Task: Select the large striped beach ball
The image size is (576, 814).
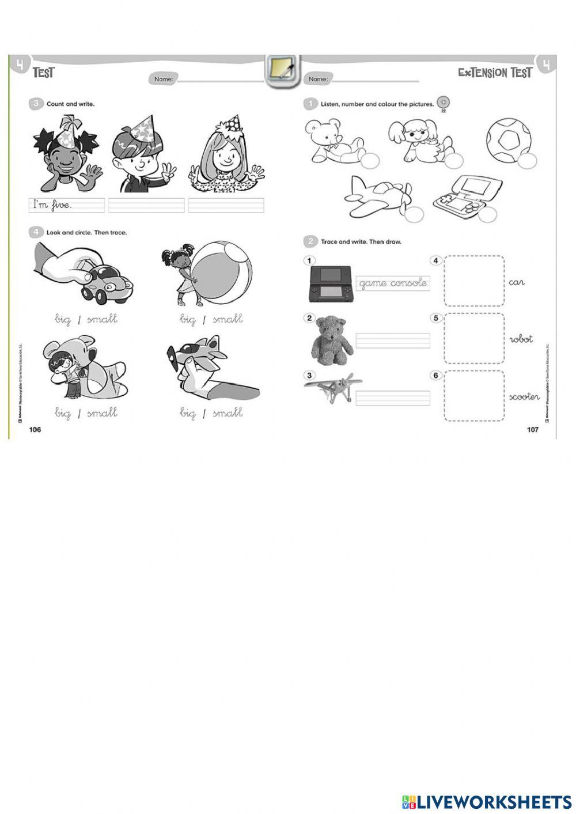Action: [x=221, y=270]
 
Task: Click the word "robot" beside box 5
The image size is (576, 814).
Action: [x=521, y=339]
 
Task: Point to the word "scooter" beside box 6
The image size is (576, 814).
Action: [x=524, y=397]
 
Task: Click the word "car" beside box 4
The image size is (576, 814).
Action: [x=517, y=282]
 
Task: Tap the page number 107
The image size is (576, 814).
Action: [x=532, y=430]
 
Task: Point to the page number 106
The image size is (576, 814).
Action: [x=35, y=430]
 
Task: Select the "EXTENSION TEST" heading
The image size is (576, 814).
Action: [x=495, y=73]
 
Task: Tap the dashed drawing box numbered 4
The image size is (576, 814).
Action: [x=474, y=281]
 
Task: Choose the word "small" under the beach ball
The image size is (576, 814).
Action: [x=227, y=319]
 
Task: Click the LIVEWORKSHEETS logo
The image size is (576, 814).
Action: [x=487, y=801]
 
